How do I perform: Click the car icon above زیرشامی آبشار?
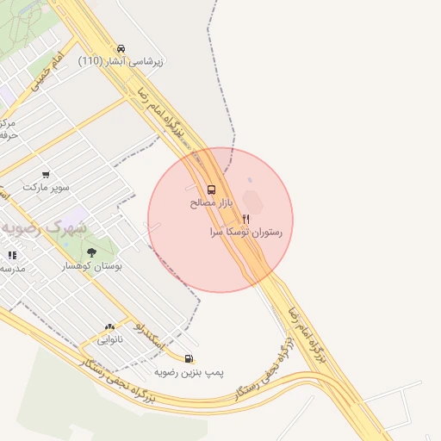(x=121, y=48)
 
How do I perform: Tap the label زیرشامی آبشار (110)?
(x=121, y=61)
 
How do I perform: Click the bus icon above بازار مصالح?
(x=212, y=189)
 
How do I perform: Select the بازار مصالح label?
(x=212, y=203)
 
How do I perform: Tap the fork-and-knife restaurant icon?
(x=246, y=220)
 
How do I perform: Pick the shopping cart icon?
(x=46, y=174)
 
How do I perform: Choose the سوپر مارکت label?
(x=47, y=187)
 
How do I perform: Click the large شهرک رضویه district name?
(x=44, y=228)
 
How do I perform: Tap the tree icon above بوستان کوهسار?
(x=91, y=253)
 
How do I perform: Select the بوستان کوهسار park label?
(x=91, y=267)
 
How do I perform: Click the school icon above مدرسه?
(x=12, y=256)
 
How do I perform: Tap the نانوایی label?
(x=109, y=339)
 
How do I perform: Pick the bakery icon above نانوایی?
(x=109, y=327)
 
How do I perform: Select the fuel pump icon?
(x=189, y=358)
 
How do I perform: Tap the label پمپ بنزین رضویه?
(x=189, y=372)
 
